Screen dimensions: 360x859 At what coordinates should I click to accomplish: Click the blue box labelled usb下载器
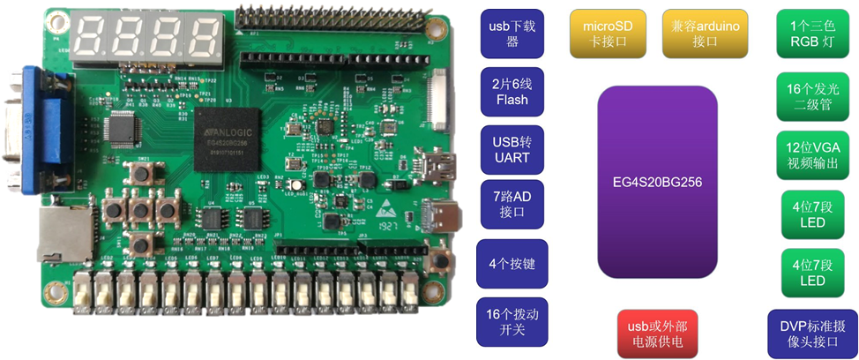click(512, 34)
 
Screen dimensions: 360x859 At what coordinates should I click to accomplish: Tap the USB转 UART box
click(512, 150)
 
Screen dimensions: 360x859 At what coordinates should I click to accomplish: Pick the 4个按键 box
click(512, 263)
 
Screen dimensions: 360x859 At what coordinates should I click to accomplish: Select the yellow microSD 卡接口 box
click(607, 34)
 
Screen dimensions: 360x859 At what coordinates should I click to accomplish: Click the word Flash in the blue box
click(512, 100)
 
